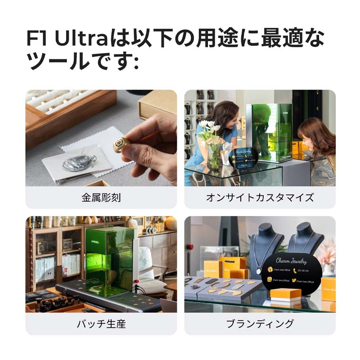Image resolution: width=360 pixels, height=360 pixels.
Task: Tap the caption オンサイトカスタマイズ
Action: [260, 198]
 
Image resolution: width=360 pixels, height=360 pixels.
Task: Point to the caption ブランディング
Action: [260, 324]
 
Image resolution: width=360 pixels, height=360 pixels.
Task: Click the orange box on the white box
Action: [285, 293]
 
